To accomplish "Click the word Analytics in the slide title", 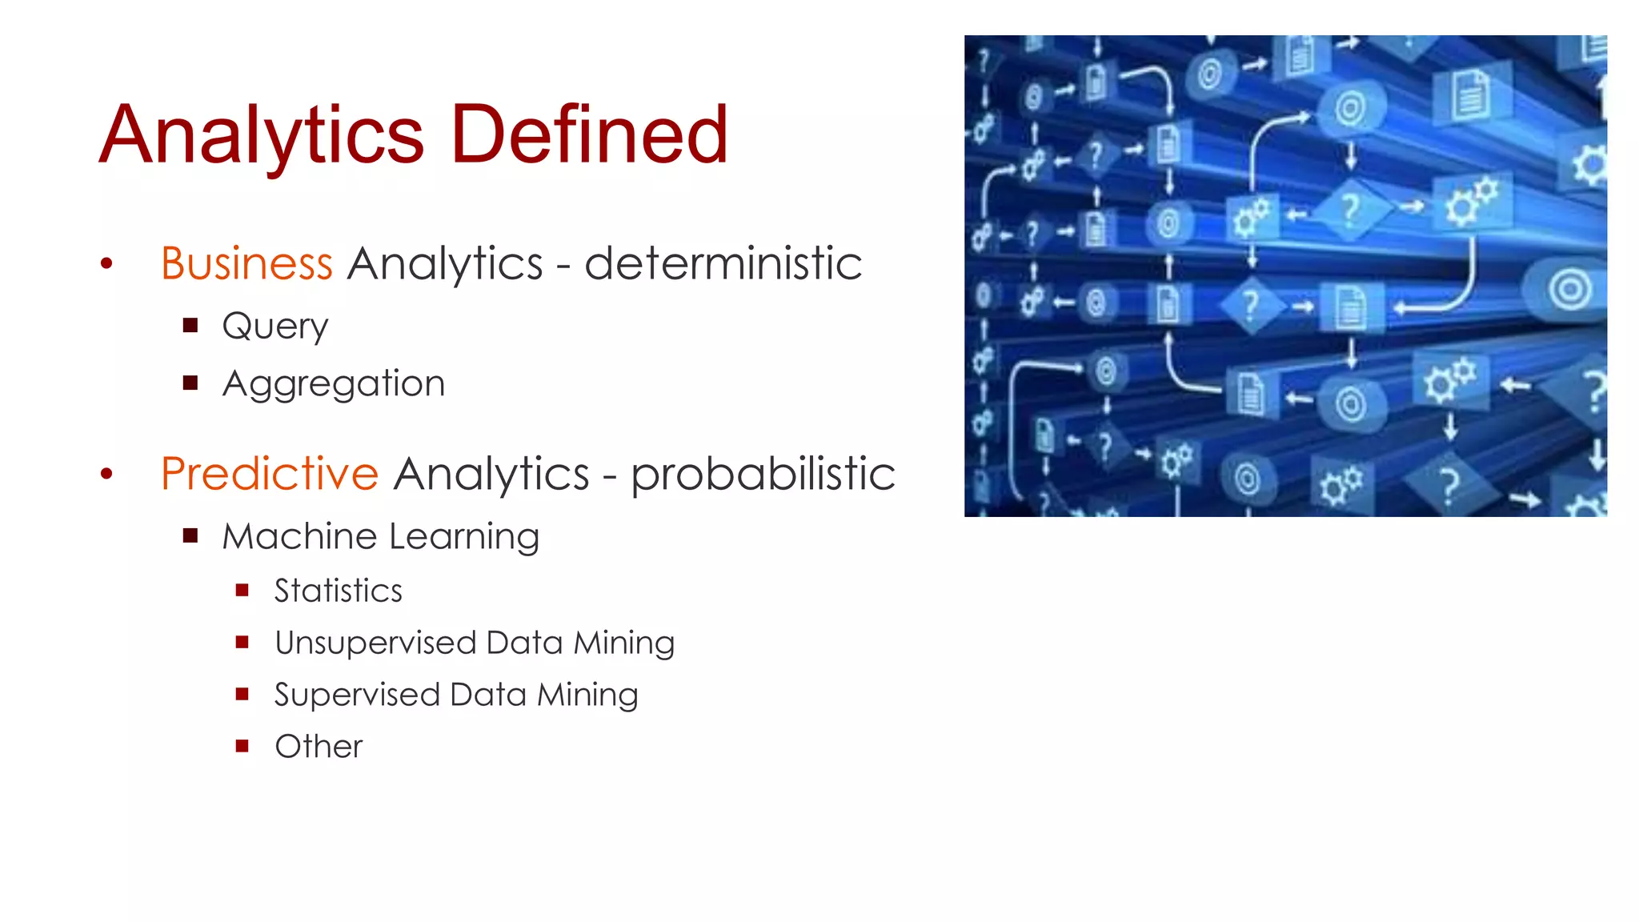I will pos(261,136).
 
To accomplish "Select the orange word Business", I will pos(246,263).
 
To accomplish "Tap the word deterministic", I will pos(723,263).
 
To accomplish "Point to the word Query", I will pos(275,327).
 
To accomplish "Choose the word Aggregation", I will pos(334,384).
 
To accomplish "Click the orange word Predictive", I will pos(270,473).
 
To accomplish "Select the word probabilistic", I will pos(763,474).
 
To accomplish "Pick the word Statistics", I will pos(339,591).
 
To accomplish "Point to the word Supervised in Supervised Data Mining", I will pos(357,695).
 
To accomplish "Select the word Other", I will pos(319,747).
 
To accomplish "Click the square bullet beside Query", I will pos(190,325).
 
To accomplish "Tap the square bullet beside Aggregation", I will pos(190,383).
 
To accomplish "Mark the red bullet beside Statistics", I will pos(242,591).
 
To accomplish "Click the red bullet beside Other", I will pos(242,746).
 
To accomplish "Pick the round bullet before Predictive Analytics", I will pos(106,474).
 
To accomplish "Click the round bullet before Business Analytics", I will pos(106,263).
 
